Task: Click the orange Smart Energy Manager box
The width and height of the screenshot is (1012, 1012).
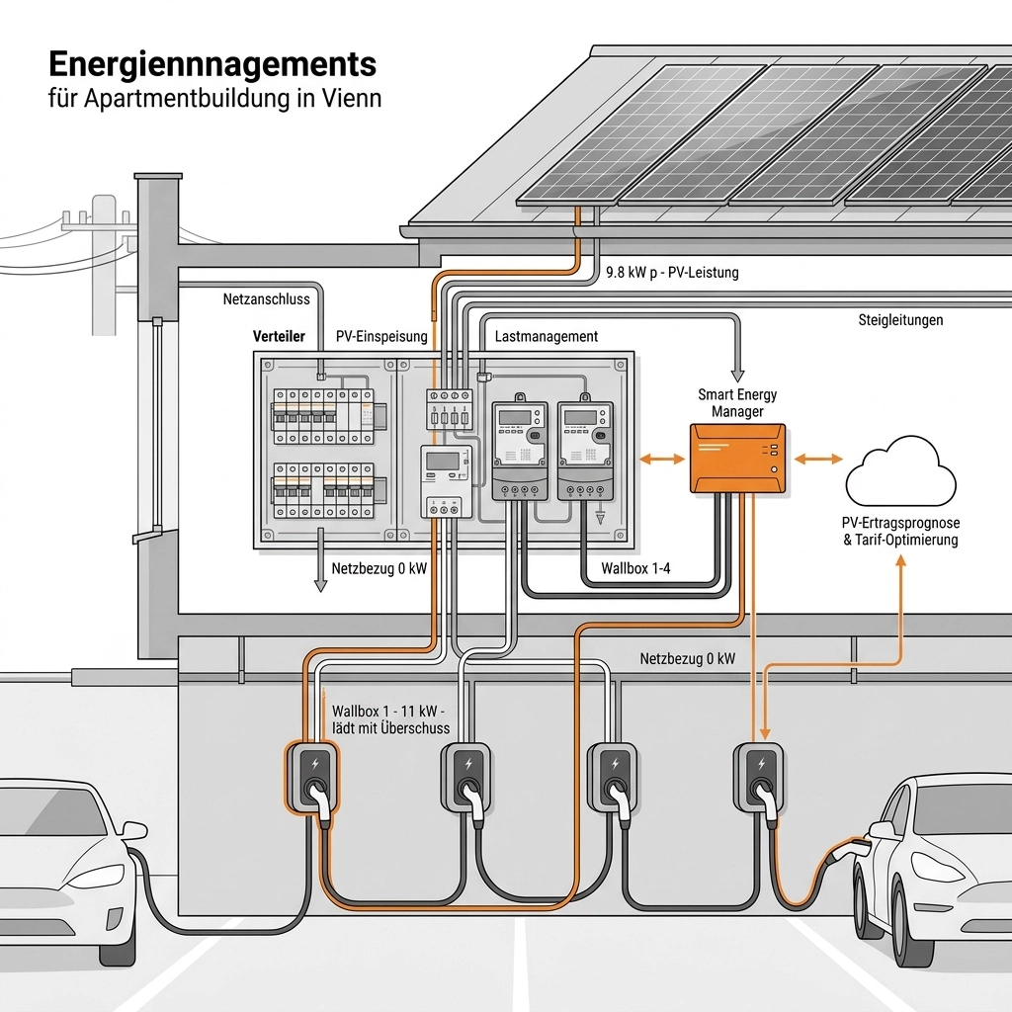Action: coord(738,458)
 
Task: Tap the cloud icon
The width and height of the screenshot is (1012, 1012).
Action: coord(900,472)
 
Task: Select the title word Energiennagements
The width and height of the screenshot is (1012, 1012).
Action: coord(212,64)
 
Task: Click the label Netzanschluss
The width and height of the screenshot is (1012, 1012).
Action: coord(267,298)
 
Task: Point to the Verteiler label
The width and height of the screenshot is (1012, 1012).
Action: coord(279,337)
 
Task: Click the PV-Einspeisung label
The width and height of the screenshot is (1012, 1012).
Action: coord(381,337)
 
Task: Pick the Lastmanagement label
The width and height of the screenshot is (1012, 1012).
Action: coord(546,337)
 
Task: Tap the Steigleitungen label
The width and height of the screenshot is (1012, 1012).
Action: coord(899,320)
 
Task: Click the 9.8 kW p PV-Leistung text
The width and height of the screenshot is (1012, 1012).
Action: coord(671,272)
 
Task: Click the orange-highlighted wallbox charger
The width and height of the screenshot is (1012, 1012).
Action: coord(313,777)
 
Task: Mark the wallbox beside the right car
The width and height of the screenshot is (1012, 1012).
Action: coord(759,777)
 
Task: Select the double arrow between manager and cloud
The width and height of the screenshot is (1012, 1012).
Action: coord(818,459)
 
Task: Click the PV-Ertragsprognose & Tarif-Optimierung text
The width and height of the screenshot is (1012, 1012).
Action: coord(901,531)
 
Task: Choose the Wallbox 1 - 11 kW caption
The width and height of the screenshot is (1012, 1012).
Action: coord(391,719)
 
